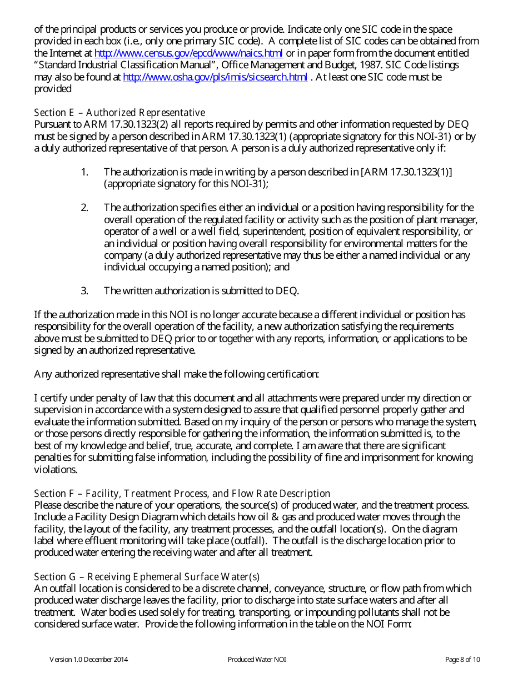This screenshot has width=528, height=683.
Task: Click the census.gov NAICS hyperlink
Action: [x=188, y=53]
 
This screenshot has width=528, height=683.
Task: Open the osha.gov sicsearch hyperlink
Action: [x=215, y=77]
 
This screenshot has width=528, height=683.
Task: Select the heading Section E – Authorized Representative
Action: [x=119, y=113]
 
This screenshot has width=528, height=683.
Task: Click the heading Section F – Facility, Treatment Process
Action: [x=182, y=493]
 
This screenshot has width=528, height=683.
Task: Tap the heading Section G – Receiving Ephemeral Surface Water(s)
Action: [x=147, y=576]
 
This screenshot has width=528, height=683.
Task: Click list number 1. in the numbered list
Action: [x=84, y=172]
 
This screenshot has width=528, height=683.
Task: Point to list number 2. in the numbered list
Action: [x=84, y=208]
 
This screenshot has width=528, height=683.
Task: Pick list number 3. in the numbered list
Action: [x=84, y=290]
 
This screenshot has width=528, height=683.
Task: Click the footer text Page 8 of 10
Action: [x=462, y=660]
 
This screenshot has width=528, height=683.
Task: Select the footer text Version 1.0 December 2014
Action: [x=89, y=660]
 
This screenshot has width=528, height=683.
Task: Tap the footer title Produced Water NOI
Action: [x=257, y=660]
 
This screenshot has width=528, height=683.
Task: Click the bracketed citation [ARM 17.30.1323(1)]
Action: [x=406, y=172]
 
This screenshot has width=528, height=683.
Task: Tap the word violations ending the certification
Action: [x=56, y=469]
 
